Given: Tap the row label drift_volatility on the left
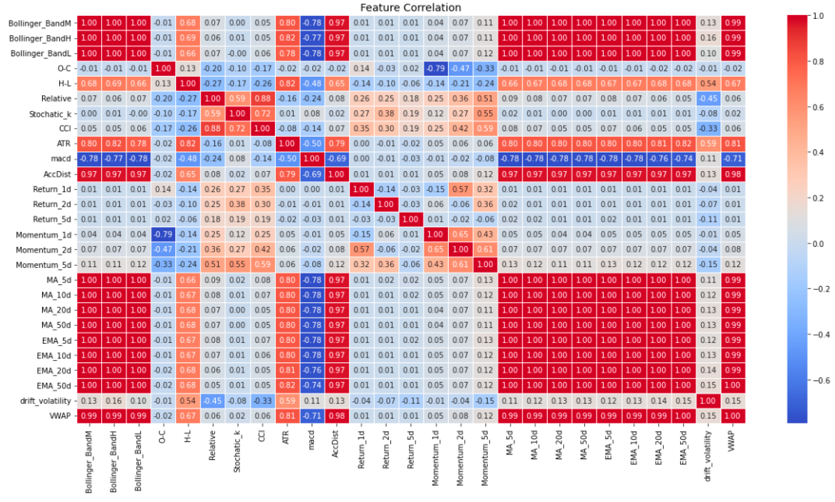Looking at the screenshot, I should click(45, 401).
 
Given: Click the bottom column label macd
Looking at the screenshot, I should click(312, 440).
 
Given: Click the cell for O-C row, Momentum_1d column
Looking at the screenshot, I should click(435, 68).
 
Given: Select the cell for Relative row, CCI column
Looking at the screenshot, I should click(262, 98).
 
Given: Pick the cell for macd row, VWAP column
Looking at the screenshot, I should click(733, 159).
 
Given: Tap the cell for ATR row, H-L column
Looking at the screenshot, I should click(188, 143).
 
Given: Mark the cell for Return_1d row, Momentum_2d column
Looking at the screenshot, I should click(460, 189).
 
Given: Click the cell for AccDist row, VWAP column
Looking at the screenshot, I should click(733, 174).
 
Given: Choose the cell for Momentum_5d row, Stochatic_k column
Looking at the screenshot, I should click(237, 264).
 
